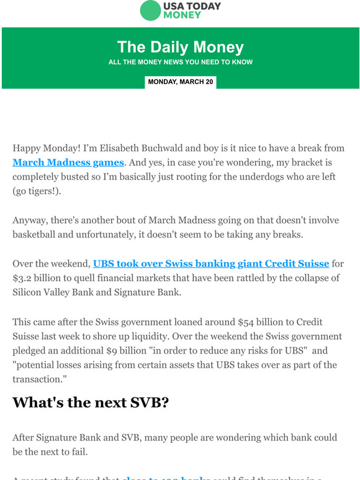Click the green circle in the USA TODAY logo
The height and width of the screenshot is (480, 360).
[x=150, y=11]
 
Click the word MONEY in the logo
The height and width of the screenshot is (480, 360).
[x=182, y=15]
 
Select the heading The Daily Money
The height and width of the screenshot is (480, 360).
[x=180, y=47]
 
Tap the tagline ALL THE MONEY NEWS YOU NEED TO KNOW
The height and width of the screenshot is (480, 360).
[x=180, y=62]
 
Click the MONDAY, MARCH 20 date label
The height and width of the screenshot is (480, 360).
[x=180, y=82]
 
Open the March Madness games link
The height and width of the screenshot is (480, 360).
[x=68, y=162]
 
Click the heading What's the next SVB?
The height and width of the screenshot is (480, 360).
[x=91, y=402]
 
